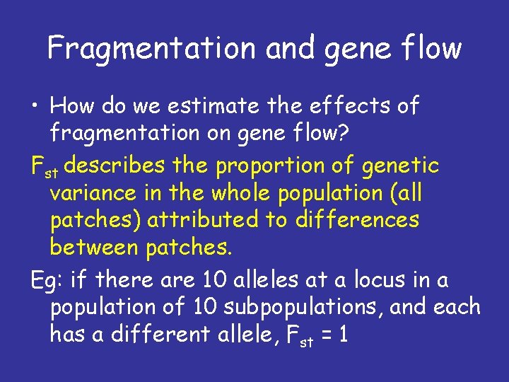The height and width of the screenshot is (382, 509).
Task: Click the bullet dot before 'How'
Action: pos(36,107)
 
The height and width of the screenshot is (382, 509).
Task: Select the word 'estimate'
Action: pos(209,106)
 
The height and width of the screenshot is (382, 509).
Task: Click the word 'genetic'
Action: pos(399,167)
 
